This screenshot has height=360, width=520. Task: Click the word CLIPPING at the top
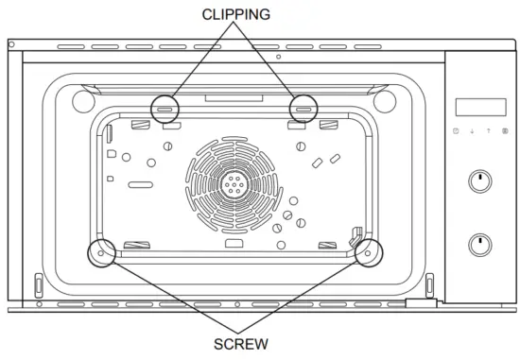tap(236, 14)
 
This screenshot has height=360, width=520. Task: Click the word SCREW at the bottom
tap(241, 344)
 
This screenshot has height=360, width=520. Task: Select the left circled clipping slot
tap(165, 110)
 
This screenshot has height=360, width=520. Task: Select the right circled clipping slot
tap(303, 110)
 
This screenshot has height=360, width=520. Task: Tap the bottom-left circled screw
tap(101, 253)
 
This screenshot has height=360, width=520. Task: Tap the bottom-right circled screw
tap(368, 253)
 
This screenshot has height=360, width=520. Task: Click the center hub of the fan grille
tap(234, 184)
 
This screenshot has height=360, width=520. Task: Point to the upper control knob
tap(480, 181)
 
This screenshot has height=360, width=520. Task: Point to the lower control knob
tap(480, 245)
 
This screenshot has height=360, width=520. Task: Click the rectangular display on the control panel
tap(481, 107)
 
